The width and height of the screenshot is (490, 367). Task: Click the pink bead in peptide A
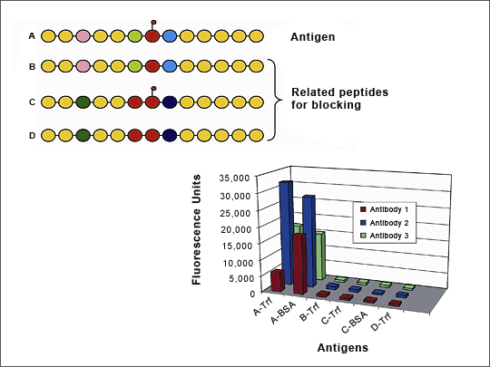pos(83,36)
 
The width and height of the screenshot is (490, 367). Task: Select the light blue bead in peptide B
pos(170,66)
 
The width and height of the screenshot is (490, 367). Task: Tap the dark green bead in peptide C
pos(83,102)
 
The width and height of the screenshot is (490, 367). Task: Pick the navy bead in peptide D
pos(170,135)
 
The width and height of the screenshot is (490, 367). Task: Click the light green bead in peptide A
pos(135,36)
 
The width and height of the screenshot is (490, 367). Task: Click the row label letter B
pos(32,66)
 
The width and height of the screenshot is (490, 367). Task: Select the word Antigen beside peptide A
pos(312,37)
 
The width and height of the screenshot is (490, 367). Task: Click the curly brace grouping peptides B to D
pos(274,100)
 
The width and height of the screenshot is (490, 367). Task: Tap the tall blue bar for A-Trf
pos(286,233)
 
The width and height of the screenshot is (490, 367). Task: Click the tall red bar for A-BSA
pos(299,264)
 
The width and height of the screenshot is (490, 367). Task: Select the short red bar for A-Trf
pos(278,281)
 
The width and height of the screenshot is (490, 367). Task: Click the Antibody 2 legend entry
pos(385,223)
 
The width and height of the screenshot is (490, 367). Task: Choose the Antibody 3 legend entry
pos(385,236)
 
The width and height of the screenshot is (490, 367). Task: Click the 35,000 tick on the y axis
pos(239,179)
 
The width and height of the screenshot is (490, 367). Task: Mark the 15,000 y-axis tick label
pos(239,246)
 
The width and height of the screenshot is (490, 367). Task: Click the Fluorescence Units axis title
pos(196,229)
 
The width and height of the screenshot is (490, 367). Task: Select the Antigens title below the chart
pos(342,348)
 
